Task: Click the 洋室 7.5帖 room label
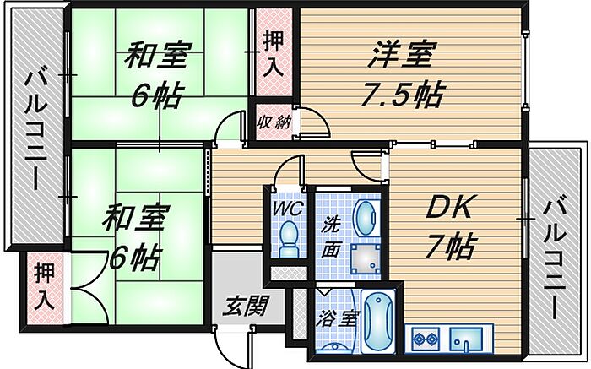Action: [401, 75]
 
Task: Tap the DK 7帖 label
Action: [447, 225]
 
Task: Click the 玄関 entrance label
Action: [246, 305]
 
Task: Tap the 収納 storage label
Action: [274, 122]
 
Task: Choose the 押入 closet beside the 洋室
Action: [274, 53]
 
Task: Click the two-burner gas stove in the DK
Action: [424, 339]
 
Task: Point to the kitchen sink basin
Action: [465, 341]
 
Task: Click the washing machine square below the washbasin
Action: [366, 258]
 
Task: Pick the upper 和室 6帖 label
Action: [155, 75]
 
